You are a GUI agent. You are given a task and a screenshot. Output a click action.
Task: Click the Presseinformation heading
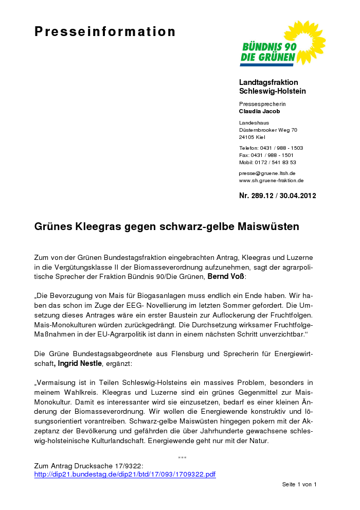[x=105, y=32]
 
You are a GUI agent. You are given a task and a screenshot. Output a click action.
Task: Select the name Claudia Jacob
[x=260, y=111]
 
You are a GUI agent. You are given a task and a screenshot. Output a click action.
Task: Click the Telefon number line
[x=271, y=148]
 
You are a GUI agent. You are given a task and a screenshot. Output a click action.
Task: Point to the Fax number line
[x=266, y=155]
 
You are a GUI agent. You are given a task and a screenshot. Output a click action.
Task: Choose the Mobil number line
[x=267, y=162]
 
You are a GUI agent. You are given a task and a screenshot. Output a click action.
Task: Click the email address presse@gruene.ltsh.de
[x=267, y=173]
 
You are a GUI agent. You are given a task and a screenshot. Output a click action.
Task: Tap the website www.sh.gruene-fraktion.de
[x=271, y=181]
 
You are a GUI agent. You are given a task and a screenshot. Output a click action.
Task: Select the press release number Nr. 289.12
[x=257, y=196]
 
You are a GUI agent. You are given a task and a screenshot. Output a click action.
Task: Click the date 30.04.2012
[x=298, y=196]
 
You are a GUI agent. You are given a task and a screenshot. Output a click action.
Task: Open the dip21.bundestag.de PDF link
[x=125, y=474]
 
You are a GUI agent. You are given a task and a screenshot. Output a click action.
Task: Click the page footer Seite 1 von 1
[x=299, y=484]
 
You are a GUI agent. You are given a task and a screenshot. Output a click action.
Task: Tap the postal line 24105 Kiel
[x=252, y=137]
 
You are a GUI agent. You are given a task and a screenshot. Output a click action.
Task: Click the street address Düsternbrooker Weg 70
[x=268, y=130]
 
